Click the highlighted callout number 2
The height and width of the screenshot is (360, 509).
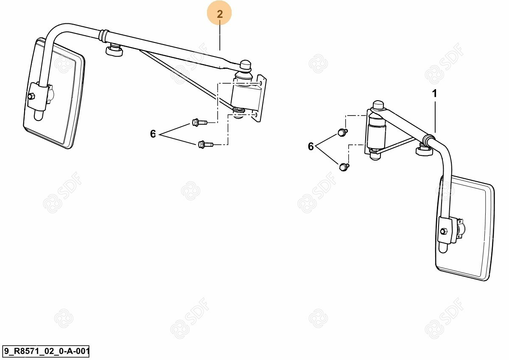[220, 14]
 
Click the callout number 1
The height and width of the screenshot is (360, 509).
[434, 93]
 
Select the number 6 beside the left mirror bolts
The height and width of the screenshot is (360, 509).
[153, 134]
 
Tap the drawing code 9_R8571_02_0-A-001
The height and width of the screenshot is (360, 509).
[46, 351]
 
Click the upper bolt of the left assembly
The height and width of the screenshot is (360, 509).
[199, 122]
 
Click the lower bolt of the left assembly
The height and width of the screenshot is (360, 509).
[205, 144]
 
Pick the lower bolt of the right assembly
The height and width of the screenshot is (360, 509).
[344, 167]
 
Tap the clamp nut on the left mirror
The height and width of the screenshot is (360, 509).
[31, 96]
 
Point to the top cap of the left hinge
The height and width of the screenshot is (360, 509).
[245, 65]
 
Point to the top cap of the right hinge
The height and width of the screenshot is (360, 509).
[378, 106]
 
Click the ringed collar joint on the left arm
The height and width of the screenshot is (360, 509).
[104, 37]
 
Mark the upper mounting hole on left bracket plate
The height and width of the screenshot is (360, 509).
[260, 83]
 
